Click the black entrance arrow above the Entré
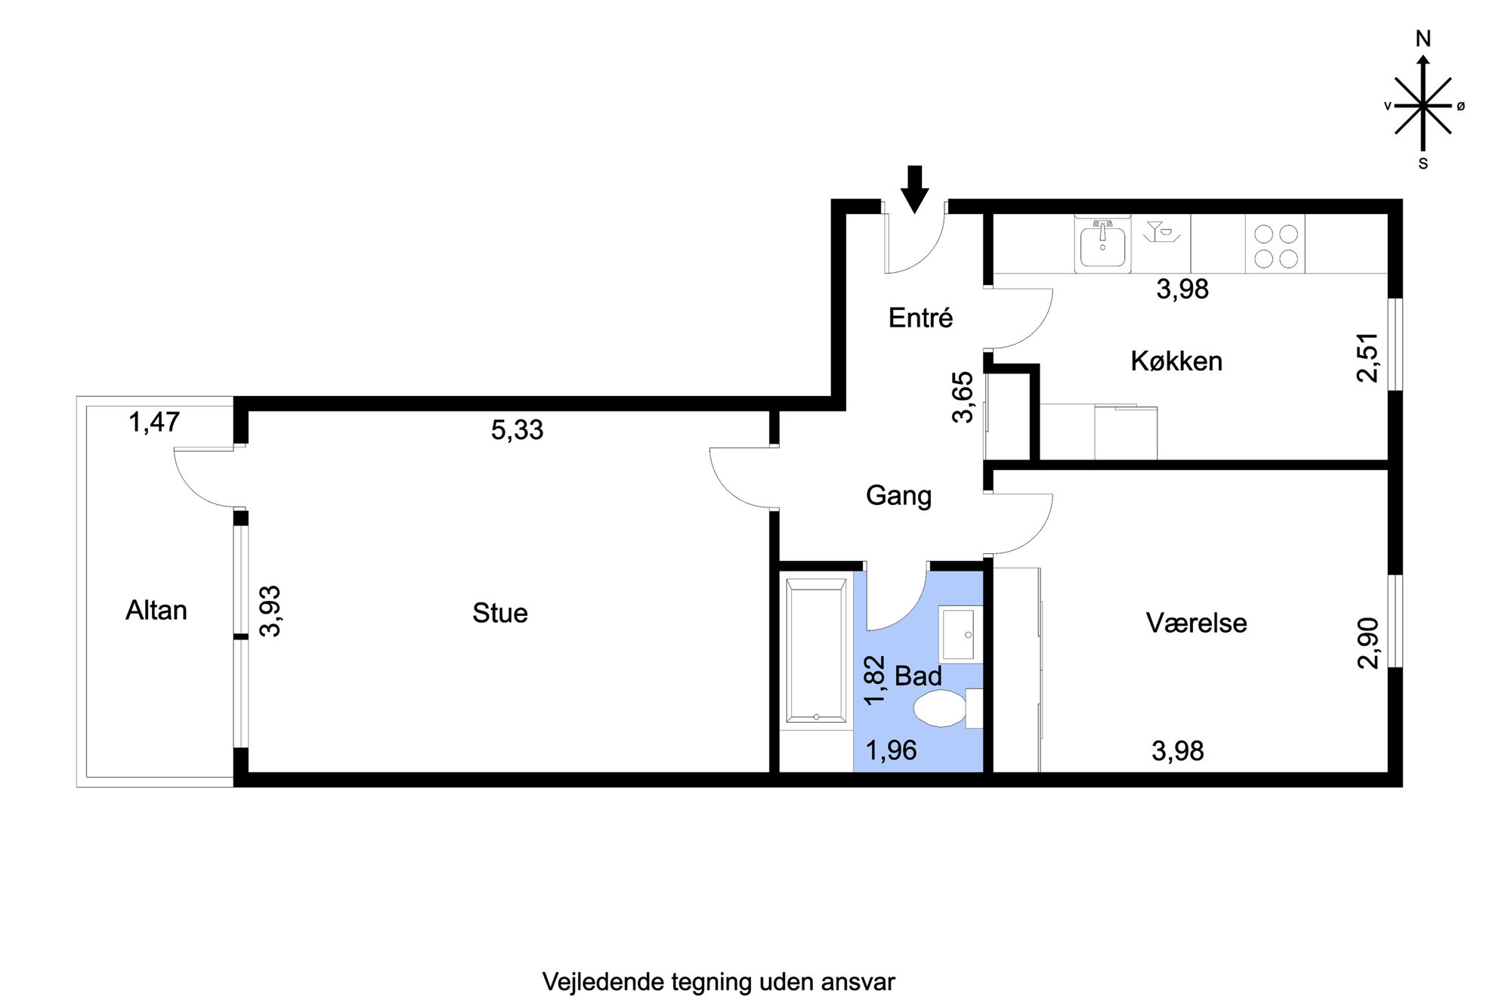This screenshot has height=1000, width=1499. tap(914, 189)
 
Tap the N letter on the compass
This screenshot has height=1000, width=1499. tap(1423, 39)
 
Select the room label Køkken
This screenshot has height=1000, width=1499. tap(1176, 361)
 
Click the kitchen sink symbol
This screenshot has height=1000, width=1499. tap(1102, 244)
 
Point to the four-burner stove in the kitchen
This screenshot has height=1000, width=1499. tap(1275, 245)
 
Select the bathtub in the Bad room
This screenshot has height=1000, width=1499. tap(816, 650)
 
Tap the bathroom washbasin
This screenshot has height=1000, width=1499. tap(960, 634)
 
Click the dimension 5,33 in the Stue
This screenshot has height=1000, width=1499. tap(517, 429)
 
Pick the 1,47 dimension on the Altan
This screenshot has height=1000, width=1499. tap(154, 422)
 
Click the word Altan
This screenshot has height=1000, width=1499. tap(156, 610)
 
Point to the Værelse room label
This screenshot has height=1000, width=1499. tap(1196, 623)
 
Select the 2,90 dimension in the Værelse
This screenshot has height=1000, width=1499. tap(1368, 643)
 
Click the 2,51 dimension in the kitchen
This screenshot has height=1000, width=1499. tap(1368, 358)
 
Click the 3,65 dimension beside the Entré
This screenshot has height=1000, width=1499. tap(963, 397)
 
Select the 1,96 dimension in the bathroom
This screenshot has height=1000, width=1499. tap(891, 750)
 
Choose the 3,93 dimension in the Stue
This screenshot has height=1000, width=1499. tap(270, 611)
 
